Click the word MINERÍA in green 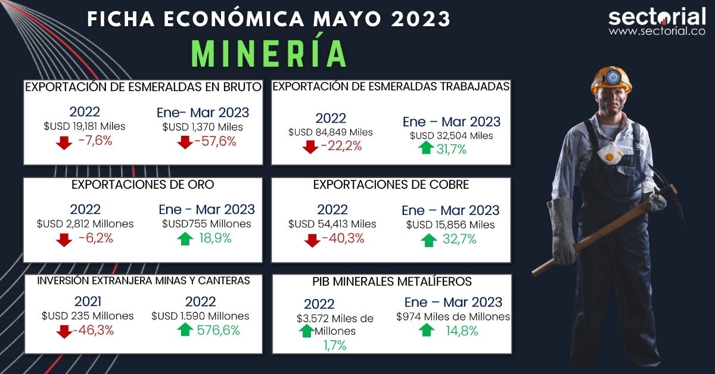(x=270, y=54)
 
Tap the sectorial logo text (x=657, y=18)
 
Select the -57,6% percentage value (x=216, y=142)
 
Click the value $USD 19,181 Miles (x=85, y=127)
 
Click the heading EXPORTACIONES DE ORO (x=142, y=185)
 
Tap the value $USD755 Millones (x=207, y=225)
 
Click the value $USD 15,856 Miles (x=450, y=225)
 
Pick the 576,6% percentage (x=218, y=331)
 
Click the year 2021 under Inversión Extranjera (x=88, y=301)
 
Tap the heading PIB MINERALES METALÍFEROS (x=391, y=282)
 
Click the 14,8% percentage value (x=462, y=331)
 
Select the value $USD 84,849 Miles (x=330, y=132)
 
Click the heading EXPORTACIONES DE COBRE (x=391, y=185)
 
